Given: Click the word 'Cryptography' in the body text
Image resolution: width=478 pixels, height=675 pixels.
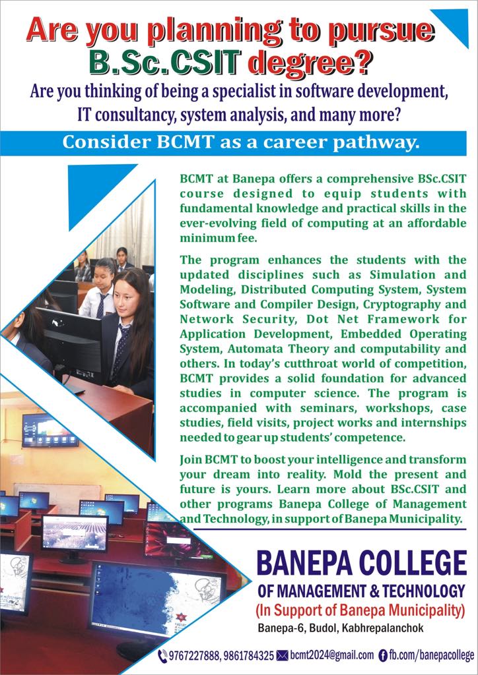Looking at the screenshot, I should coord(384,304).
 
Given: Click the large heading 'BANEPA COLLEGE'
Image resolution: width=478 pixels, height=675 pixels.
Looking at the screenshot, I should coord(360,564).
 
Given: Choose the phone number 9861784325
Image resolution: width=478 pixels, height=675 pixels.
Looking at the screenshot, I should coord(249,656).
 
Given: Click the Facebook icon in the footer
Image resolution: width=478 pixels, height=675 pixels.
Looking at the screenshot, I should coord(382,656).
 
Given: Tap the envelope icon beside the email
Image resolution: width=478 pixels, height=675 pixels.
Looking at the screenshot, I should coord(283,656).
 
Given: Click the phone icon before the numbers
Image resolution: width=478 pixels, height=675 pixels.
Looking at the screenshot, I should coord(162,656).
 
